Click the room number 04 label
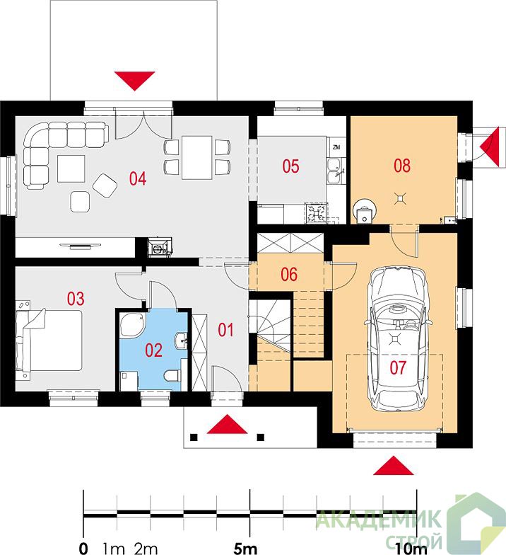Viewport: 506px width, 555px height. (138, 178)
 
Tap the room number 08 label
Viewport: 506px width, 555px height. (402, 166)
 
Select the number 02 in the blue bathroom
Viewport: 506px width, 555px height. (154, 350)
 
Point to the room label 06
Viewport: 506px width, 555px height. (289, 275)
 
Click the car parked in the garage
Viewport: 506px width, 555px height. (397, 339)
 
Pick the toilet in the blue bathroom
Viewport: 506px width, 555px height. (172, 375)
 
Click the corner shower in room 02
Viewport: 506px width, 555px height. (132, 325)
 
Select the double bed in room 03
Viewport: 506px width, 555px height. (49, 341)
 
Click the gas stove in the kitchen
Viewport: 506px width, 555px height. (317, 213)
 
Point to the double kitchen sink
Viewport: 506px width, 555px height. (335, 171)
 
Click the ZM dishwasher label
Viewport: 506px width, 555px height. (336, 147)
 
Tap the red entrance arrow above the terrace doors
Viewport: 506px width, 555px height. (134, 81)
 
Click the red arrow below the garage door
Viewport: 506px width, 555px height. (393, 466)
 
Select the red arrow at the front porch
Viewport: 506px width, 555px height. (227, 424)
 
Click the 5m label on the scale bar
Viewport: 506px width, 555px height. (245, 549)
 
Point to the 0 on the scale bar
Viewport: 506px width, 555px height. (83, 549)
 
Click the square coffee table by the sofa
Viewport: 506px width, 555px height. (71, 168)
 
